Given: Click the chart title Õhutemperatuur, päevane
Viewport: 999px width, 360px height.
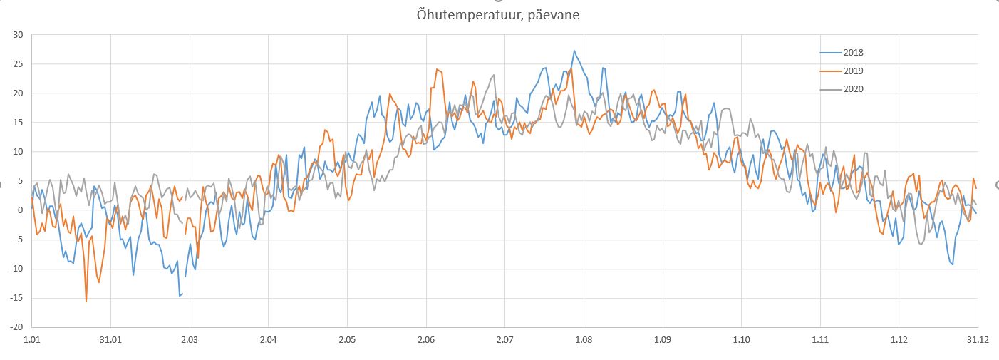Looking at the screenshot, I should click(498, 14).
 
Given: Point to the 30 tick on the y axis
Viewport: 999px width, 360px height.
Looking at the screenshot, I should click(18, 34).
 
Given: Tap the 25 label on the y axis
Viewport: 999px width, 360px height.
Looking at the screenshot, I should click(18, 63).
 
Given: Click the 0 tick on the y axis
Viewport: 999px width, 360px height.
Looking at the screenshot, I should click(21, 210).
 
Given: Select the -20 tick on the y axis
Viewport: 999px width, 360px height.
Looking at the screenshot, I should click(16, 327).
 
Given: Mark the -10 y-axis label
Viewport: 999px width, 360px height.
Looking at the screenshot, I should click(16, 269).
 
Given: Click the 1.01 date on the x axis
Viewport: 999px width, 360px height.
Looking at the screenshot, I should click(32, 341).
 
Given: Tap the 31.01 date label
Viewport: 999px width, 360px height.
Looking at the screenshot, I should click(110, 341).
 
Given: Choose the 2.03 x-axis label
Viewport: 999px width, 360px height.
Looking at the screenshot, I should click(190, 341).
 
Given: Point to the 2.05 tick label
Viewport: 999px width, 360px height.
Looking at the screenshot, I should click(347, 341).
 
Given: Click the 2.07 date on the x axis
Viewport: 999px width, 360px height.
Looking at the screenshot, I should click(504, 341).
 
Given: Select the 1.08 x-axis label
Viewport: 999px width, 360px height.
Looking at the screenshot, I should click(584, 341).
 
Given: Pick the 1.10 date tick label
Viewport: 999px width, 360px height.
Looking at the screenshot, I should click(741, 341).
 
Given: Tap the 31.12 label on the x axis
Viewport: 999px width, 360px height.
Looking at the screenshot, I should click(977, 341).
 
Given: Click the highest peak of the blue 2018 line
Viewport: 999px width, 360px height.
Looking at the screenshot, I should click(574, 51).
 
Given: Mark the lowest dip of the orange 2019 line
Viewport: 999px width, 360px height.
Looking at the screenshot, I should click(86, 301).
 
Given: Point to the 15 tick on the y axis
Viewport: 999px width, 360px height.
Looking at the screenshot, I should click(18, 122).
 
